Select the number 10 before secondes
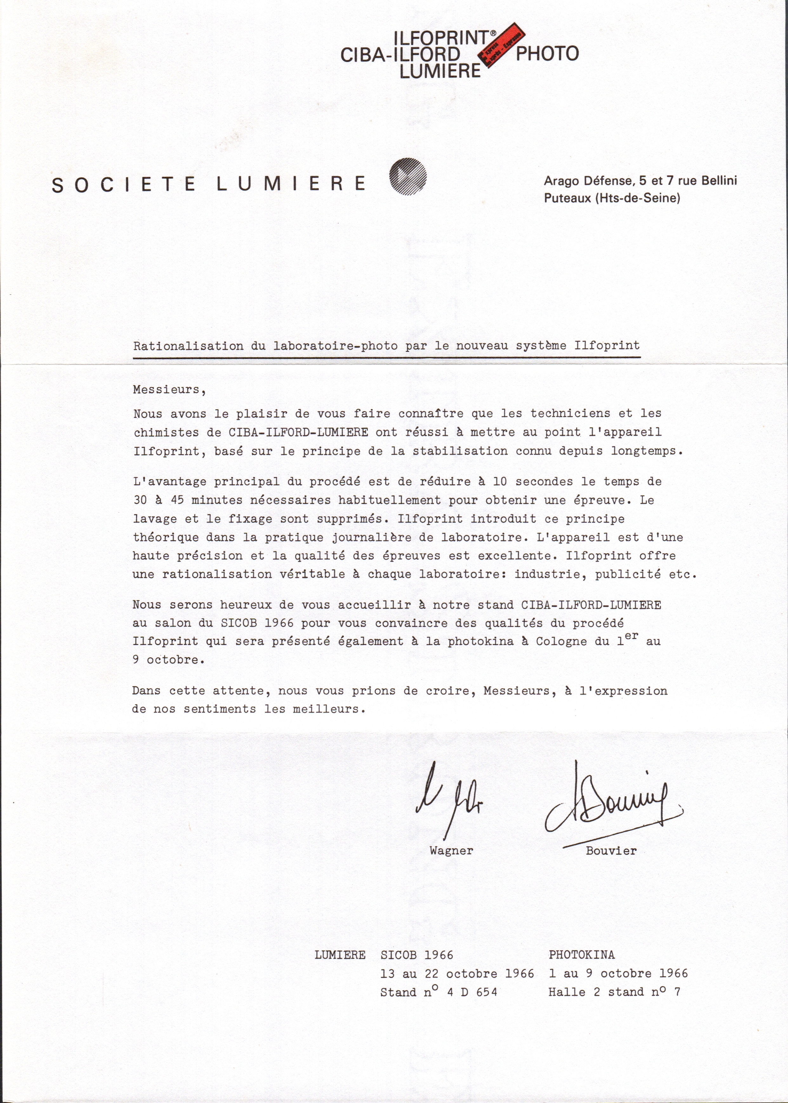500,481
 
